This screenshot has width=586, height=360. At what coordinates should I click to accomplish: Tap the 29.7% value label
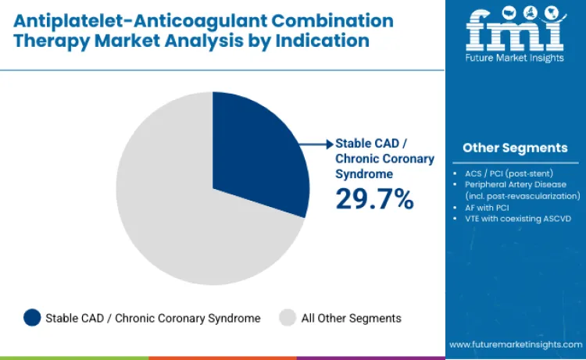(x=374, y=199)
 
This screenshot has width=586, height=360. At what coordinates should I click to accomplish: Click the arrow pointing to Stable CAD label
(x=316, y=144)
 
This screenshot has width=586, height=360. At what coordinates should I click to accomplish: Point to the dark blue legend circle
(x=32, y=318)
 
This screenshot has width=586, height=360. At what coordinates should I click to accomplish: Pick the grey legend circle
(x=288, y=318)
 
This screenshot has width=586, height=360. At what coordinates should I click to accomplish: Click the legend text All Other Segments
(x=351, y=318)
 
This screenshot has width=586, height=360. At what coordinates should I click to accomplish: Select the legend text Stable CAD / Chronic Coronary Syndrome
(x=152, y=318)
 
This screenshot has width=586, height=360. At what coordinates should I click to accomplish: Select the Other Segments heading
(x=515, y=148)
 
